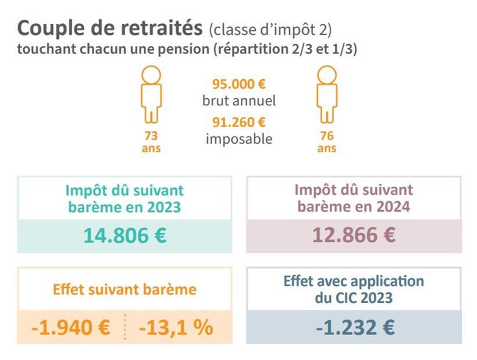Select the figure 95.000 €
[x=238, y=84]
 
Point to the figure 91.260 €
[x=238, y=122]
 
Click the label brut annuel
[x=239, y=101]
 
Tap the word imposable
[x=239, y=139]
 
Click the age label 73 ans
[x=151, y=141]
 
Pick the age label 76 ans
[x=326, y=141]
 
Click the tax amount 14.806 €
[x=124, y=236]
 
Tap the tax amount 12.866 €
[x=354, y=236]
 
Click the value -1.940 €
[x=70, y=328]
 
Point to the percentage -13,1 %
[x=176, y=328]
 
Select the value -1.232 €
[x=355, y=327]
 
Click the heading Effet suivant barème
[x=124, y=290]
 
